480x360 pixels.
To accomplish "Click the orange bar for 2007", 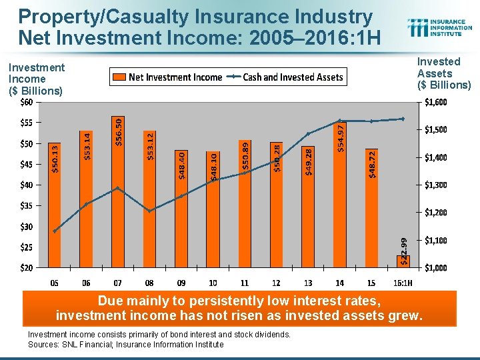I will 117,193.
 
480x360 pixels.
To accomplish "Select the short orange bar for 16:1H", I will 403,261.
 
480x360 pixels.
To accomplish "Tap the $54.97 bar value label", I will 341,138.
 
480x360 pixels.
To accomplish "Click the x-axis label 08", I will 149,283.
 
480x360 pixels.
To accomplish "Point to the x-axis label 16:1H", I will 403,283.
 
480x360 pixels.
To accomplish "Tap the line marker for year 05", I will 55,231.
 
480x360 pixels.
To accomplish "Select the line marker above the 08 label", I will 149,211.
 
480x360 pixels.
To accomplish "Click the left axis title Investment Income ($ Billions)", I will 37,79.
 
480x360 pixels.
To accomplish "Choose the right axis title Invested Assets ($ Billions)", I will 443,73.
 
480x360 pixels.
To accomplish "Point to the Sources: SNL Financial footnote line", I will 126,345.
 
